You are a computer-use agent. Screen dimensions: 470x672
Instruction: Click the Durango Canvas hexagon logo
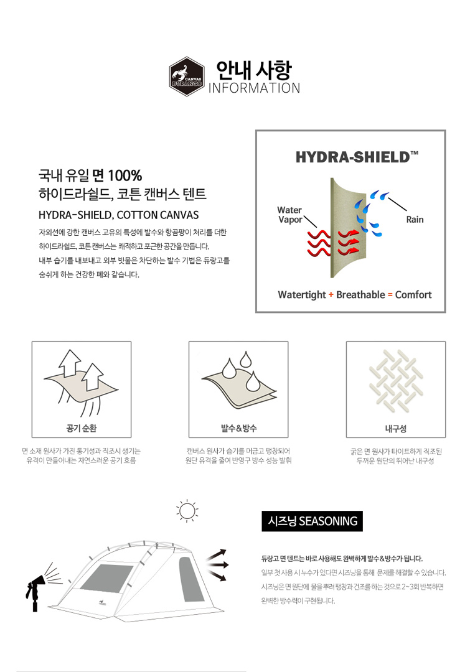click(187, 77)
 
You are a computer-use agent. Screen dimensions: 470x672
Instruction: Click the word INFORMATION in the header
click(254, 88)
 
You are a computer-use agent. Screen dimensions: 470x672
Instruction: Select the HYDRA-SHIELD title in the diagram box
click(356, 157)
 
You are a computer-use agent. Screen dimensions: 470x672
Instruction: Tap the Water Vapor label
click(290, 215)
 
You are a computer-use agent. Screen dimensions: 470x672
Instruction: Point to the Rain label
click(415, 220)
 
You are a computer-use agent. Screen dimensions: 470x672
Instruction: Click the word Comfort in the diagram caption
click(413, 294)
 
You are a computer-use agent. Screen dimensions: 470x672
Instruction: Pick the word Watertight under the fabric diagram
click(302, 295)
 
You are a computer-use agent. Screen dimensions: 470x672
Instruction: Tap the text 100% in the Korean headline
click(125, 175)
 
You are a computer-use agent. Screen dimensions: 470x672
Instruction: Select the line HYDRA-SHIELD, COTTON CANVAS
click(119, 215)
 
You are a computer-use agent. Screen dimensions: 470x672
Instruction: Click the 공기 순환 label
click(82, 427)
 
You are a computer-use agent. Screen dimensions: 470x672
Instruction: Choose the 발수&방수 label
click(238, 427)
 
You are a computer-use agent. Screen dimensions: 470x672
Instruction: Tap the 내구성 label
click(395, 428)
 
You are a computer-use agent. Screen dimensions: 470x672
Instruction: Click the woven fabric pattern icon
click(396, 381)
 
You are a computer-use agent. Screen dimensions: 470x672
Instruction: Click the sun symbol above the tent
click(187, 511)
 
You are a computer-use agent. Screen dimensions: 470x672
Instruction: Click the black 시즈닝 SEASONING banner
click(312, 521)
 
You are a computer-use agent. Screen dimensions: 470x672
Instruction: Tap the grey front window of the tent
click(106, 577)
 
